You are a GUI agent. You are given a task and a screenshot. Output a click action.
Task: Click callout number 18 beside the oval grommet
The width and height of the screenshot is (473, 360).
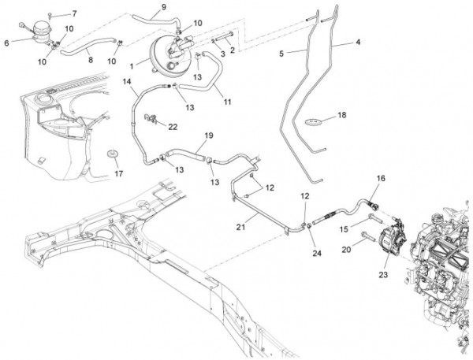(x=341, y=115)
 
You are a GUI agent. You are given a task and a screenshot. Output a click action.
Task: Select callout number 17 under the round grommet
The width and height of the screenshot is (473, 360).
(x=119, y=173)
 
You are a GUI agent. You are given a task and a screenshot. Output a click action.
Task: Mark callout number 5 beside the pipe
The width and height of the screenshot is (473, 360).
(x=281, y=54)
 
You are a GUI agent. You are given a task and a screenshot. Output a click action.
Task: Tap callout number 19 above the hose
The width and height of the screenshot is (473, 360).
(x=209, y=135)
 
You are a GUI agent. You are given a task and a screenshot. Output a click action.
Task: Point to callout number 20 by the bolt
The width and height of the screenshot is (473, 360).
(x=345, y=249)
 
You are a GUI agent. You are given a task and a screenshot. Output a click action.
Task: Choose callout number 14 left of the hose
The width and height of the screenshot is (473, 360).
(x=126, y=81)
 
